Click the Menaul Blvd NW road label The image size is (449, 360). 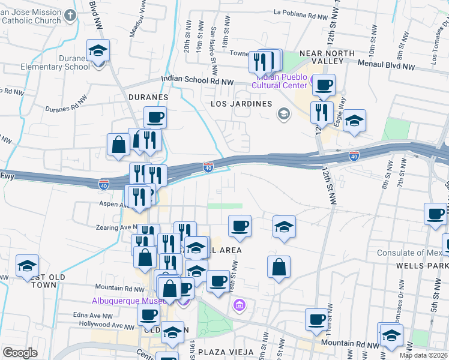(x=387, y=63)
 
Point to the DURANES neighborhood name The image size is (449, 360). (x=148, y=96)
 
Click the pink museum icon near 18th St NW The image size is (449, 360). (x=240, y=307)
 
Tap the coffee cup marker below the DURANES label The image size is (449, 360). (x=155, y=118)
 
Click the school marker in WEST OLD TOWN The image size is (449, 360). (x=27, y=266)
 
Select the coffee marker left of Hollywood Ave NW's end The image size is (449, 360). (x=148, y=315)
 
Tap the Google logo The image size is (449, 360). (x=20, y=353)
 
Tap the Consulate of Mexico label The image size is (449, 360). (x=411, y=253)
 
